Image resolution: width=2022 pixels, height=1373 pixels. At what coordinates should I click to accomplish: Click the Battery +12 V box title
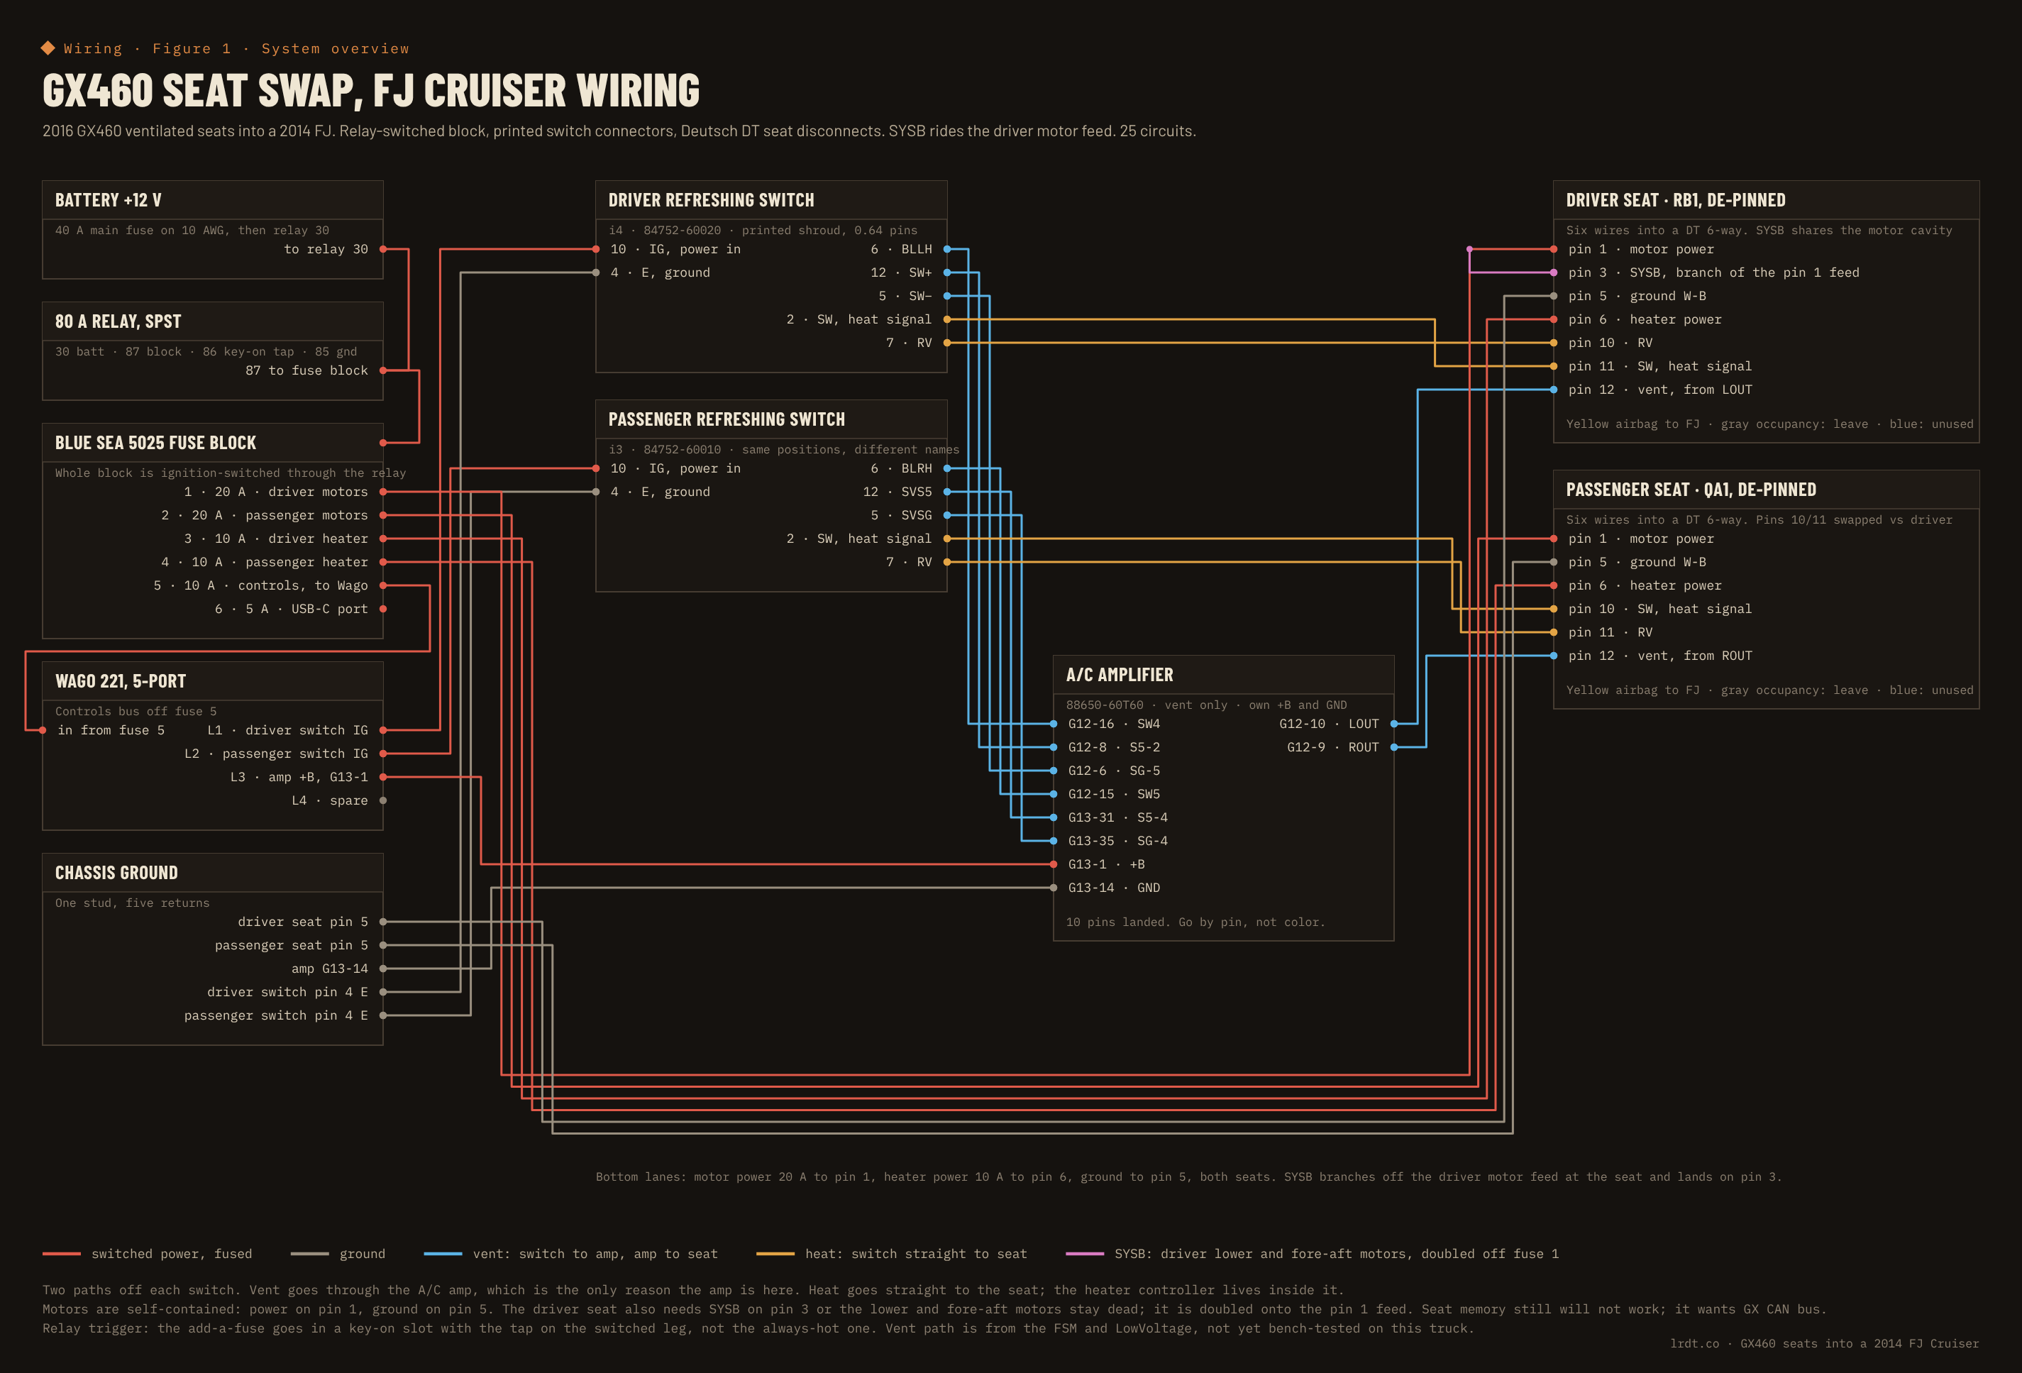point(108,200)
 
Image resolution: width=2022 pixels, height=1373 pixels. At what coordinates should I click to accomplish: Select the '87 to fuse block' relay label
point(306,370)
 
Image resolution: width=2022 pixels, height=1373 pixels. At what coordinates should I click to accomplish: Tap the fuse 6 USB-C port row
point(292,609)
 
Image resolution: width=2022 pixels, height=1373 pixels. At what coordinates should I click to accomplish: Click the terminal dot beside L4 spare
point(383,800)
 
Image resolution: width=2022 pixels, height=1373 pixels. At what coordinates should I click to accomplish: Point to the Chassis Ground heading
point(116,873)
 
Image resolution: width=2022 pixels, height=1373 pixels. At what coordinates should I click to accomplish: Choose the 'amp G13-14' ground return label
point(330,969)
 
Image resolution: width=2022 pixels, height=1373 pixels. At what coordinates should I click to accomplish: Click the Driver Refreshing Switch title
point(711,200)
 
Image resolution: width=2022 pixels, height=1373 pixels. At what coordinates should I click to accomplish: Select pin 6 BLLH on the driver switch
point(901,249)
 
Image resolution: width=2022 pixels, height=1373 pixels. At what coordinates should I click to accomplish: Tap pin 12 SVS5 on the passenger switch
point(897,492)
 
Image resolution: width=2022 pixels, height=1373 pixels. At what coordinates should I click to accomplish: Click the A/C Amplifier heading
point(1119,676)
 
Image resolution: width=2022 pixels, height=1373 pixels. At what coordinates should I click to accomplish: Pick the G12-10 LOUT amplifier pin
point(1329,724)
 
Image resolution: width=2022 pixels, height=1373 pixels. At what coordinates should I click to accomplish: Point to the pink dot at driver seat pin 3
point(1554,272)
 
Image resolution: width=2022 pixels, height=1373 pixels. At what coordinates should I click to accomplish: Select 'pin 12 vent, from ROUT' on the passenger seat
point(1660,656)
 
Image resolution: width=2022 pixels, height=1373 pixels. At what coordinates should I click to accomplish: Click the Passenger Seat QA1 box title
point(1691,490)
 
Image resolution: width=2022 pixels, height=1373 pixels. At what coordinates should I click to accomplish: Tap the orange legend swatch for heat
point(775,1254)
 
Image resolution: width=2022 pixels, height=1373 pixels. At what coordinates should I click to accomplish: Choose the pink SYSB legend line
point(1085,1254)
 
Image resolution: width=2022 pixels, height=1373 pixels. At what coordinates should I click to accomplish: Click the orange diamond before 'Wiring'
point(48,48)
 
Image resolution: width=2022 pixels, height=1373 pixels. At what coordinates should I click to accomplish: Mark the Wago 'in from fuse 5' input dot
point(43,730)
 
